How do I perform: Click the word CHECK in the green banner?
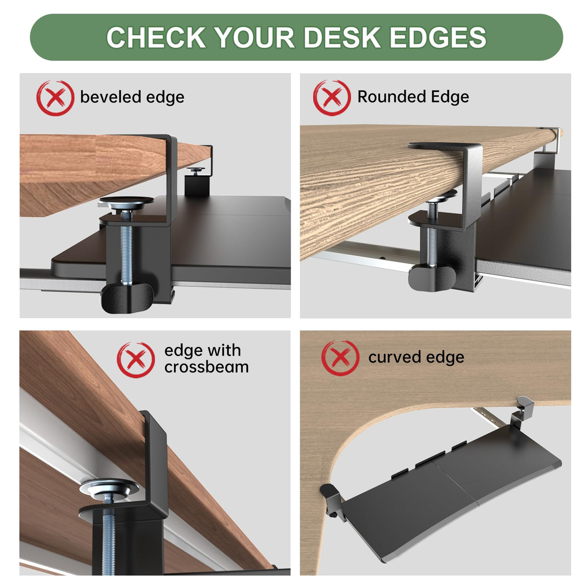[x=156, y=37]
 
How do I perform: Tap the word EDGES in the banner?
[x=438, y=37]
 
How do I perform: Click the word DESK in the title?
[x=342, y=37]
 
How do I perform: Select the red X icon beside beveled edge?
[x=55, y=98]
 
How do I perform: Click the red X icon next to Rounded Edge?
[x=332, y=98]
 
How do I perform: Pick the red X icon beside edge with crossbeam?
[x=136, y=360]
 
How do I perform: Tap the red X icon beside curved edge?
[x=340, y=358]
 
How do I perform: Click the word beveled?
[x=111, y=97]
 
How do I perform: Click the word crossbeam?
[x=206, y=367]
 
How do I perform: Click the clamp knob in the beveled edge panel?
[x=127, y=298]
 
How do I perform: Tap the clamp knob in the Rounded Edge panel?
[x=432, y=277]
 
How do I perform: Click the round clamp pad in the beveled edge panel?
[x=126, y=203]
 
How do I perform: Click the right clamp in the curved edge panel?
[x=525, y=408]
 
